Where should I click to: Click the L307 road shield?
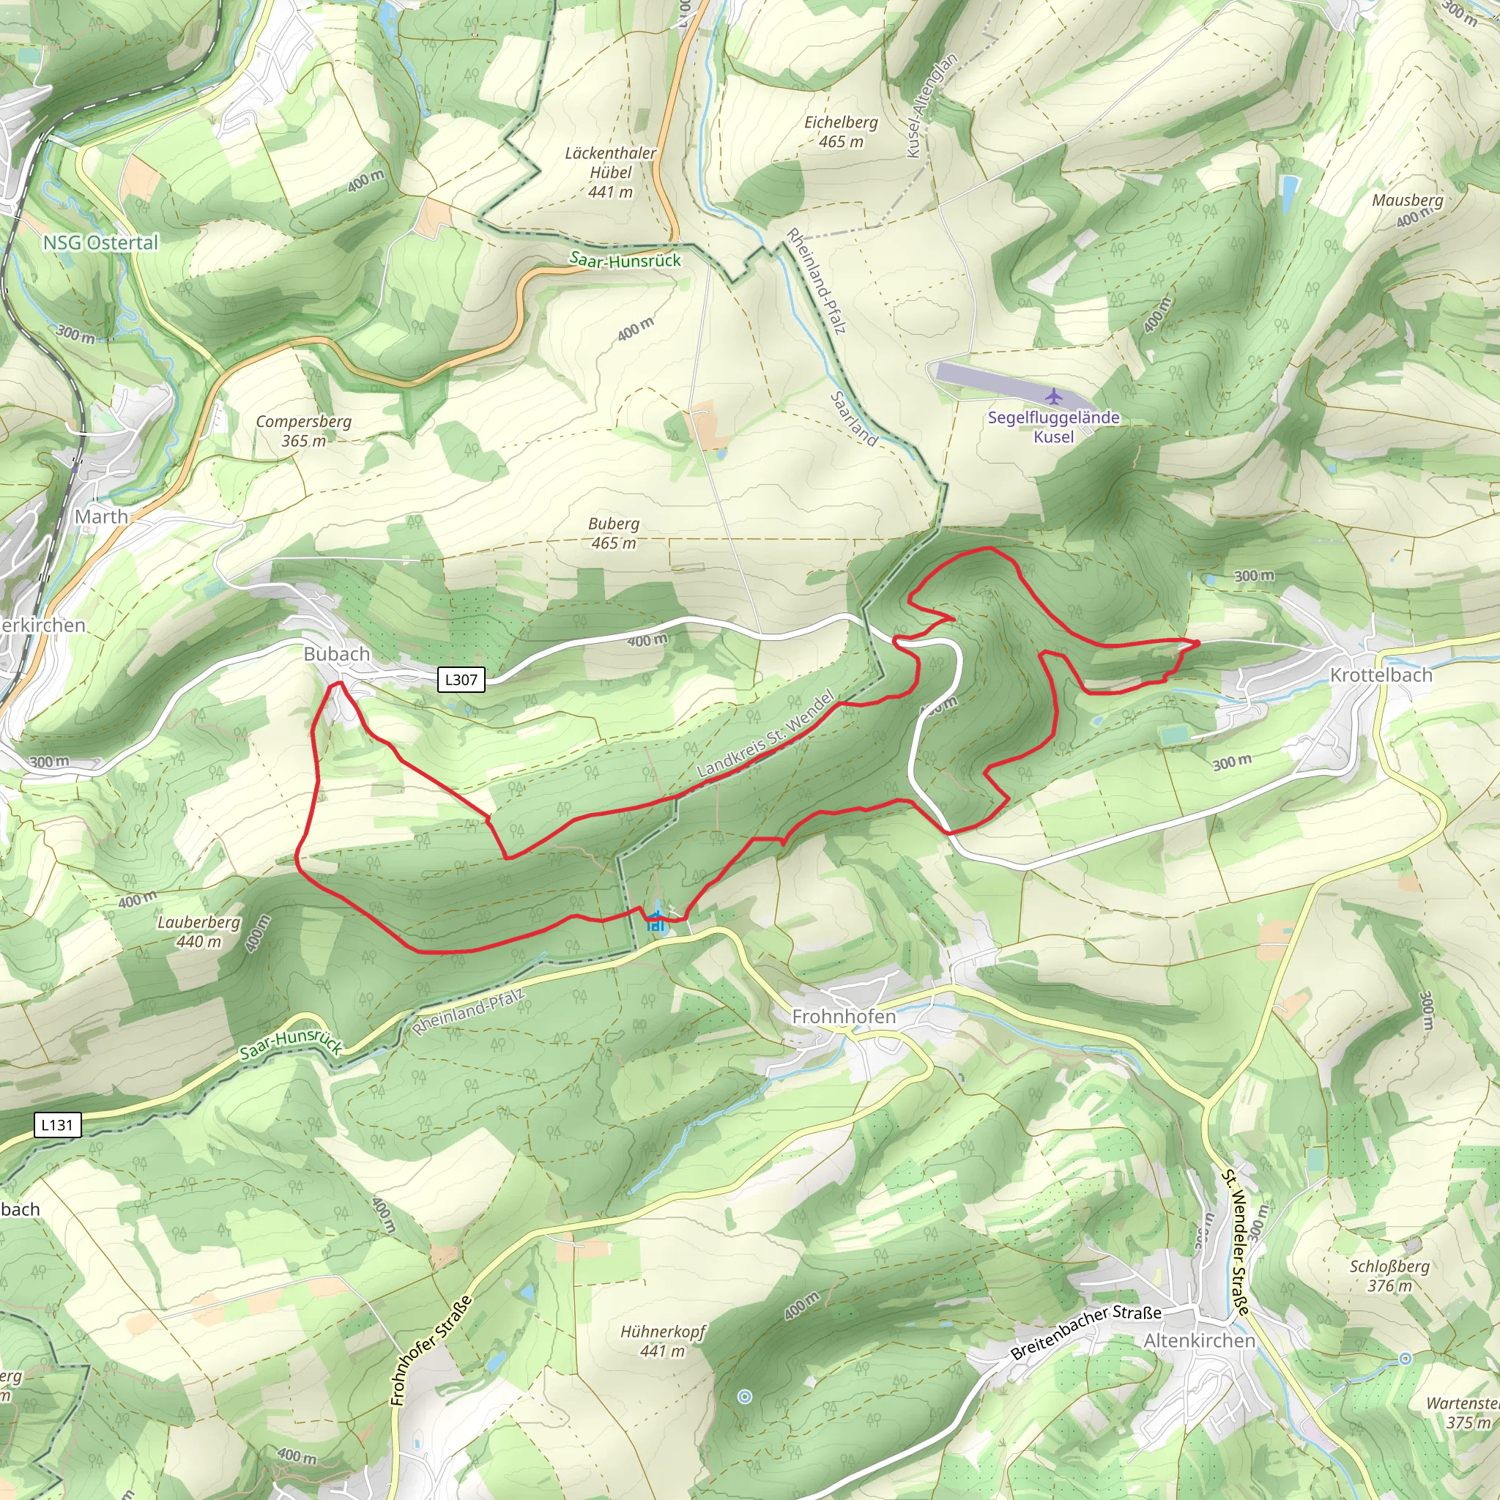coord(461,680)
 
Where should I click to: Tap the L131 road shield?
coord(57,1124)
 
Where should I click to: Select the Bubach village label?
coord(336,654)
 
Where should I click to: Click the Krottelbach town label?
coord(1381,675)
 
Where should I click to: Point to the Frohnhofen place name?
coord(843,1017)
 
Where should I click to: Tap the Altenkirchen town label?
coord(1199,1341)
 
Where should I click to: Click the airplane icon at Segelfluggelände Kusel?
coord(1053,397)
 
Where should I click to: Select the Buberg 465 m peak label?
coord(613,533)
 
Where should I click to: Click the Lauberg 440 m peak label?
coord(198,932)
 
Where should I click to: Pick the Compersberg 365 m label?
coord(303,431)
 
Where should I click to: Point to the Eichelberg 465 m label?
coord(841,132)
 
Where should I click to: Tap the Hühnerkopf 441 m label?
coord(662,1341)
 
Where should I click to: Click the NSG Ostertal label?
coord(100,243)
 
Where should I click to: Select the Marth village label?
coord(101,516)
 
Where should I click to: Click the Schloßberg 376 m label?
coord(1389,1276)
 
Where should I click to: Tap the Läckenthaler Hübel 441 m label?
coord(610,171)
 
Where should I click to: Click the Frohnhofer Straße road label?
coord(431,1350)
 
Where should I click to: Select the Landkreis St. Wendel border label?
coord(765,734)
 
